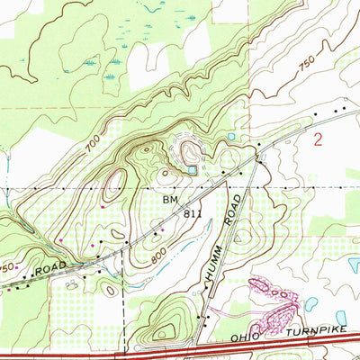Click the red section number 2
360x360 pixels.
[317, 139]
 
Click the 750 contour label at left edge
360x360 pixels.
[7, 269]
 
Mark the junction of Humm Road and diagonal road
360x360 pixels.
[258, 161]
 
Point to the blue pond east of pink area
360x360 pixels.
[311, 304]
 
